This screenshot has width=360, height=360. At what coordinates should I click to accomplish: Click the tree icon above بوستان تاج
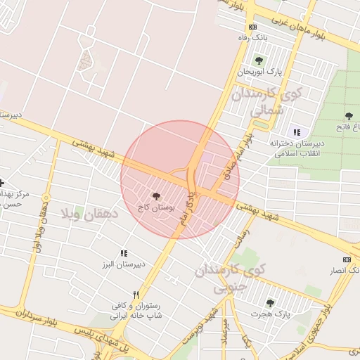pos(155,197)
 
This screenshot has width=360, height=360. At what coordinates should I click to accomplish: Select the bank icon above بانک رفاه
pos(253,27)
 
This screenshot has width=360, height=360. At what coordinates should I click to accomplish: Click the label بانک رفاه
pos(254,37)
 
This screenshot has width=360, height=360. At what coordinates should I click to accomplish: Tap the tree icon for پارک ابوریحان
pos(259,60)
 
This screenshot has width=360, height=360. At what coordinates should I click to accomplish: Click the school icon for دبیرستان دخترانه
pos(296,131)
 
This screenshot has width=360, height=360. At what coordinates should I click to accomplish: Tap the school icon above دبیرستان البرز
pos(124,253)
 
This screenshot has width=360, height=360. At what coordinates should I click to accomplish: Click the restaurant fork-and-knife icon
pos(136,295)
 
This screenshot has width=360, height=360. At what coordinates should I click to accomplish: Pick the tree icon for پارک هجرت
pos(270,303)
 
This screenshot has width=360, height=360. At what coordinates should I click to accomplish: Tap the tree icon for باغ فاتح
pos(349,116)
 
